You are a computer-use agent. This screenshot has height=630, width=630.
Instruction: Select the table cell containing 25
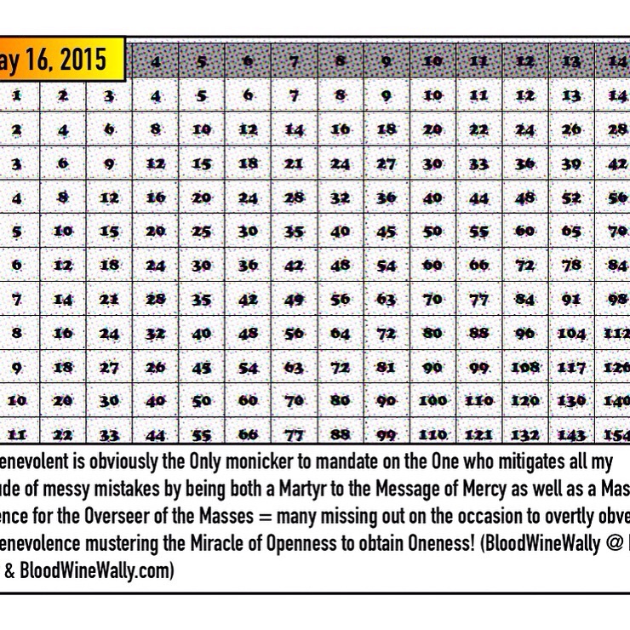pyautogui.click(x=202, y=232)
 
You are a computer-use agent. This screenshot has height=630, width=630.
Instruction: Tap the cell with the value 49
pyautogui.click(x=295, y=299)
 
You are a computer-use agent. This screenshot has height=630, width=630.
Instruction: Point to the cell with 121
pyautogui.click(x=479, y=434)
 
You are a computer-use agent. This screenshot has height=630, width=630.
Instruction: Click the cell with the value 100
pyautogui.click(x=433, y=400)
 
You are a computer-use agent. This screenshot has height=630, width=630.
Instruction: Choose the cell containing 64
pyautogui.click(x=341, y=333)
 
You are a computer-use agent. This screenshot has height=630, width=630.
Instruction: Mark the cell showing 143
pyautogui.click(x=572, y=434)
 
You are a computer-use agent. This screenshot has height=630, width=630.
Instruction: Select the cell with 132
pyautogui.click(x=526, y=434)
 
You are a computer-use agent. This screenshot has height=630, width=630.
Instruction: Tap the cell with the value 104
pyautogui.click(x=572, y=333)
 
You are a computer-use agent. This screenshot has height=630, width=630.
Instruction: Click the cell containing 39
pyautogui.click(x=572, y=164)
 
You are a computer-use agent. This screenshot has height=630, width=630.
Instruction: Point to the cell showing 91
pyautogui.click(x=572, y=299)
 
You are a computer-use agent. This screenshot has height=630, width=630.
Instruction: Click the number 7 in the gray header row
pyautogui.click(x=295, y=61)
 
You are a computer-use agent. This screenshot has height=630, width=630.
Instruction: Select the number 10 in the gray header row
pyautogui.click(x=433, y=61)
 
